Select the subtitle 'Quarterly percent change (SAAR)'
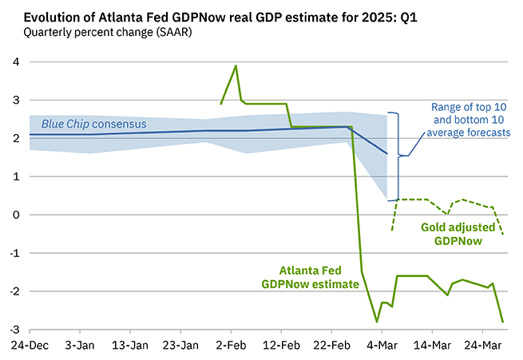click(102, 33)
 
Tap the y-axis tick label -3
click(14, 330)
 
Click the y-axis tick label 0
click(15, 215)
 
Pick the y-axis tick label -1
click(14, 253)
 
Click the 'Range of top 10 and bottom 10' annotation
click(470, 120)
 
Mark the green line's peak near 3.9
click(236, 65)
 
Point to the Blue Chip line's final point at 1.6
click(386, 153)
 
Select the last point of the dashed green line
click(502, 234)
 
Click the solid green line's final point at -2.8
click(502, 322)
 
